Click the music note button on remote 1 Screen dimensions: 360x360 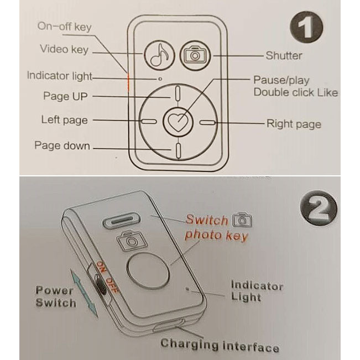coord(160,55)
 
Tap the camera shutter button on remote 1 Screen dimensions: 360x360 coord(195,55)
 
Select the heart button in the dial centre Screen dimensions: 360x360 coord(178,122)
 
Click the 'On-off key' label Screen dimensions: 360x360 coord(65,27)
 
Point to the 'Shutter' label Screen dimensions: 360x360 coord(284,55)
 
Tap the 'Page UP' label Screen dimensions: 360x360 coord(65,96)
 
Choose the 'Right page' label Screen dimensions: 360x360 coord(294,124)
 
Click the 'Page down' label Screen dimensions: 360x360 coord(62,145)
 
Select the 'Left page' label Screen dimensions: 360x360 coord(64,120)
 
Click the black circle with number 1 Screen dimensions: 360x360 coord(306,27)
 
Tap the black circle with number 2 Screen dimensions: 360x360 coord(319,208)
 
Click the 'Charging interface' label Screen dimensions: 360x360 coord(220,345)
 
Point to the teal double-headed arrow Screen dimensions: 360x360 coord(84,294)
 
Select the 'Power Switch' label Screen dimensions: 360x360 coord(56,296)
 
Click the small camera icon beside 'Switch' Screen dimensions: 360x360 coord(242,220)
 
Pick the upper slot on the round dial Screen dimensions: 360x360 coord(178,93)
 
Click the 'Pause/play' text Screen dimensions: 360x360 coord(281,80)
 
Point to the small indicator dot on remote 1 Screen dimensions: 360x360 coord(160,79)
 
